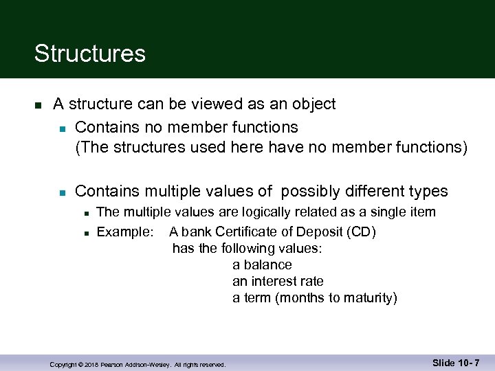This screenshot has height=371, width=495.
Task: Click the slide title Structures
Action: coord(89,54)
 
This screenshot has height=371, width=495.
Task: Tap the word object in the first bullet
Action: coord(313,104)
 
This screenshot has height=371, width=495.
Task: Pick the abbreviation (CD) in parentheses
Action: coord(361,232)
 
